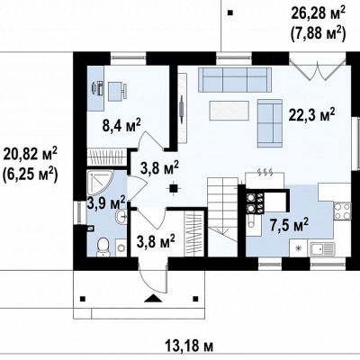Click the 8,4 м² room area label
point(121,125)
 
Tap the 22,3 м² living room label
point(311,113)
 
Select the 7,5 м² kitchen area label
point(289,225)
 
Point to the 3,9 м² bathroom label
point(106,202)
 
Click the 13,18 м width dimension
point(189,346)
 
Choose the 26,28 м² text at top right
point(319,13)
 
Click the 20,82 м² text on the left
point(30,155)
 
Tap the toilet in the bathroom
point(103,247)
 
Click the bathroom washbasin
point(122,216)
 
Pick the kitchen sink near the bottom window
point(322,248)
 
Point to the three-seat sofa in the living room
point(235,80)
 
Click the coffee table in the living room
point(229,112)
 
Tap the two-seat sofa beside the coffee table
point(270,123)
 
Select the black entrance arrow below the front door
point(154,299)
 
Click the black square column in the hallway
point(173,188)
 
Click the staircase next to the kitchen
point(223,216)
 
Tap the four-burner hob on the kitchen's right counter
point(342,211)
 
